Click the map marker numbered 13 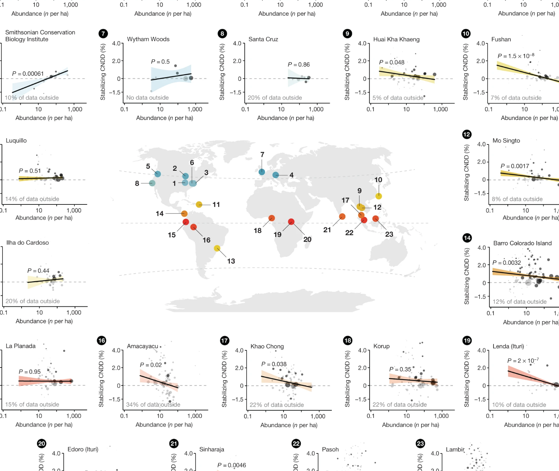[217, 248]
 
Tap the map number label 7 [262, 155]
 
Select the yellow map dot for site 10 [379, 196]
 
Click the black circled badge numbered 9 [347, 34]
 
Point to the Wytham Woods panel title [148, 39]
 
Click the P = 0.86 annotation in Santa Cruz [299, 64]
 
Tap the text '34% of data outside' [153, 404]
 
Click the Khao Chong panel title [267, 346]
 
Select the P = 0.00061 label [28, 74]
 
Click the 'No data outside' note [147, 98]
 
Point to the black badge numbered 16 [101, 340]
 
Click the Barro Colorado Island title [522, 243]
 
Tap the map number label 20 [307, 239]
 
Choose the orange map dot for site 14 [184, 214]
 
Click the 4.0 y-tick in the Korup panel [362, 350]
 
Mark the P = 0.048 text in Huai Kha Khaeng [391, 62]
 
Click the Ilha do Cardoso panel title [27, 242]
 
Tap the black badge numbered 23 [420, 444]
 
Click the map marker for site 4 [275, 175]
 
